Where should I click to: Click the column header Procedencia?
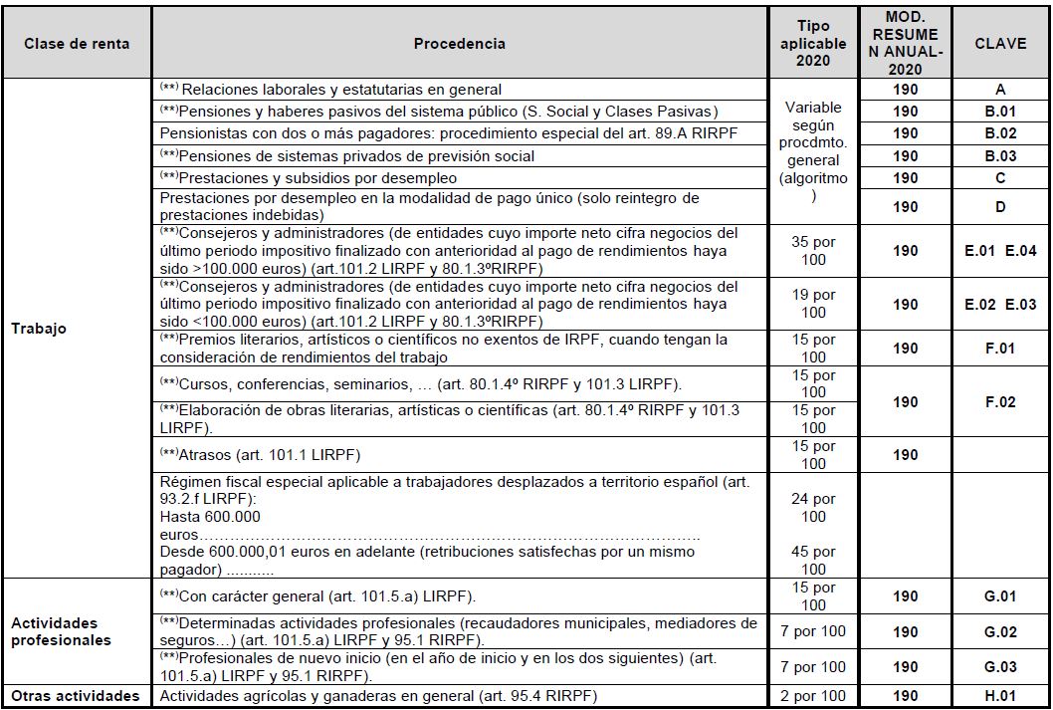(x=459, y=44)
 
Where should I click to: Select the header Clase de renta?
(x=77, y=44)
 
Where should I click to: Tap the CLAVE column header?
(x=1000, y=44)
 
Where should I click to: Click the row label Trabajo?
(x=39, y=329)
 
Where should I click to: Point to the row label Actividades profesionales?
(x=61, y=631)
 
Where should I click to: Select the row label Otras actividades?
(x=76, y=696)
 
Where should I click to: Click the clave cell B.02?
(x=1000, y=133)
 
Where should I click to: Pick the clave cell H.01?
(x=1000, y=696)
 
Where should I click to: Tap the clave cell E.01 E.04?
(x=1000, y=251)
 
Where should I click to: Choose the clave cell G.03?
(x=1000, y=667)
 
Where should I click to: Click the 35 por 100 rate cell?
(x=813, y=251)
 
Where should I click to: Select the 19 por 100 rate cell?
(x=813, y=304)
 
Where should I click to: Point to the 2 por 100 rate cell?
(x=813, y=696)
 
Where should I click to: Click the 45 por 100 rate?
(x=813, y=561)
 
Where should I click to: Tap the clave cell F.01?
(x=1000, y=349)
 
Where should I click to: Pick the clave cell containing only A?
(x=1000, y=90)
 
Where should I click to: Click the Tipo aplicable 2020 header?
(x=813, y=44)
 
